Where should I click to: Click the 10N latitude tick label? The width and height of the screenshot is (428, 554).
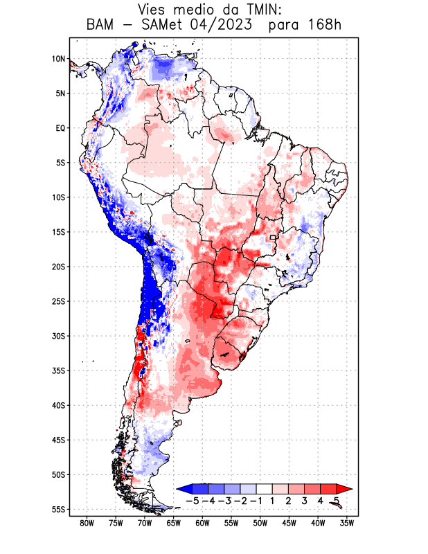(58, 59)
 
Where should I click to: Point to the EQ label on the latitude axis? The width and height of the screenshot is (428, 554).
(60, 128)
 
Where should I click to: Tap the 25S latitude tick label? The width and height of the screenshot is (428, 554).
(58, 301)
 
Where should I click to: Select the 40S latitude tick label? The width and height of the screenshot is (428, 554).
(58, 405)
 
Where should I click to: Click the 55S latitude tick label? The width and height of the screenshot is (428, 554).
(58, 509)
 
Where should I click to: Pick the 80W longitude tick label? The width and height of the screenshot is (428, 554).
(87, 523)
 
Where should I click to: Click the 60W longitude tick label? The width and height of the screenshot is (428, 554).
(203, 523)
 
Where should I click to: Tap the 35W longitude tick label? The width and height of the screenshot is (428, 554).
(347, 523)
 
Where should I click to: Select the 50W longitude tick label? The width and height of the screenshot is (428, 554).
(260, 523)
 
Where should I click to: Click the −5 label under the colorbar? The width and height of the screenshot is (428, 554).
(193, 500)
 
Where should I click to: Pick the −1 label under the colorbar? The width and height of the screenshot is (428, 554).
(256, 500)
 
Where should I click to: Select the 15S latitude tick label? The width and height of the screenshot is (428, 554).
(58, 232)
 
